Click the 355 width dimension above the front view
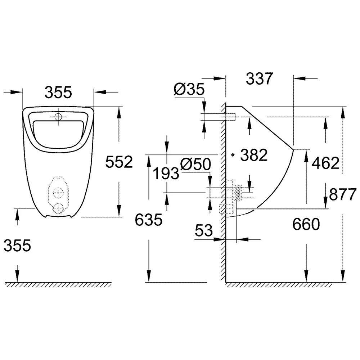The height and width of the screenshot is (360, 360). (x=58, y=93)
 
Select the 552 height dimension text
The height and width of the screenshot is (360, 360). (x=119, y=162)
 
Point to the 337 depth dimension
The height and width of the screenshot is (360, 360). (x=260, y=78)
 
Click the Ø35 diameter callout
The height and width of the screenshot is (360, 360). (x=189, y=89)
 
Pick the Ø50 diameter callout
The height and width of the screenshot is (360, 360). (x=195, y=165)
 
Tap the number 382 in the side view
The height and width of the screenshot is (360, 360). (x=254, y=155)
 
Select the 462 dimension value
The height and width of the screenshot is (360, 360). (x=325, y=163)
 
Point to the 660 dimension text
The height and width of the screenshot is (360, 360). (x=306, y=225)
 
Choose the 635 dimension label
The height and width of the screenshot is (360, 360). (x=149, y=220)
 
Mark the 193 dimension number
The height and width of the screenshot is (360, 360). (x=166, y=174)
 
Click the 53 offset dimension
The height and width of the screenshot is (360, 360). (x=204, y=231)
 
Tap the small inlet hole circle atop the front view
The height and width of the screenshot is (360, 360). (x=58, y=117)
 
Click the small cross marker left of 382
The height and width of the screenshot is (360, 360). (x=233, y=155)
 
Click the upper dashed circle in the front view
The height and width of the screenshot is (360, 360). (x=58, y=193)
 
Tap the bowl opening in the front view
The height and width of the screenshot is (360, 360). (x=58, y=133)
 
